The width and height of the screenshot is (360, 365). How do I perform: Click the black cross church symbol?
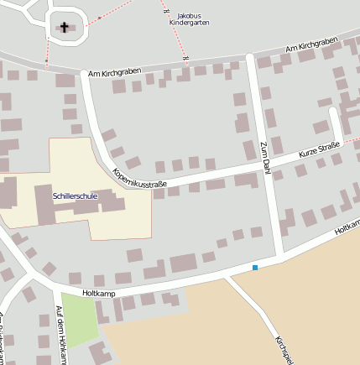(x=65, y=27)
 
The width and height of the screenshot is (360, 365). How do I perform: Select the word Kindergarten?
(x=189, y=23)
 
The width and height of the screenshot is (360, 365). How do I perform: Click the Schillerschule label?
(x=75, y=196)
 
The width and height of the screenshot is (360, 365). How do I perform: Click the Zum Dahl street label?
(x=263, y=158)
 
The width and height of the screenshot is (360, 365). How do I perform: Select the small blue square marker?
(x=255, y=268)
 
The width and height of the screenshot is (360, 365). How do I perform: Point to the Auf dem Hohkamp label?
(x=60, y=336)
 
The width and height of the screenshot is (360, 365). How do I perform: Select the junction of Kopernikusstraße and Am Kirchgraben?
(x=84, y=74)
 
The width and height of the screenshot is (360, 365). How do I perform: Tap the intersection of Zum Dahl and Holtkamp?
(x=278, y=254)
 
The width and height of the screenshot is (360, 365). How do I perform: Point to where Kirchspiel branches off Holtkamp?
(x=227, y=275)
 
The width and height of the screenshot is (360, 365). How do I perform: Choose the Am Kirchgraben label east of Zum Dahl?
(x=310, y=49)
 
